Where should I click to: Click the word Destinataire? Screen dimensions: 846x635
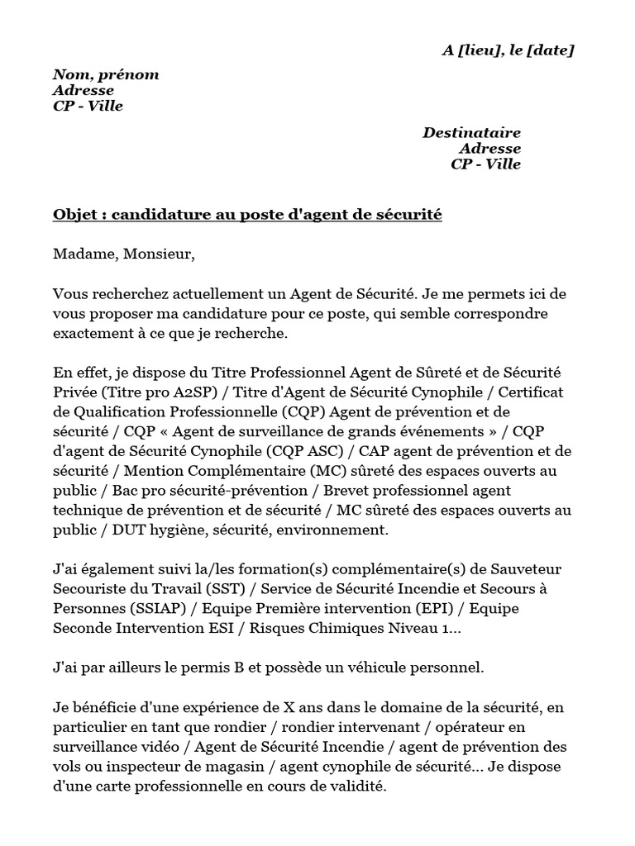471,132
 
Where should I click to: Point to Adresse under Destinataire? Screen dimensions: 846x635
489,149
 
